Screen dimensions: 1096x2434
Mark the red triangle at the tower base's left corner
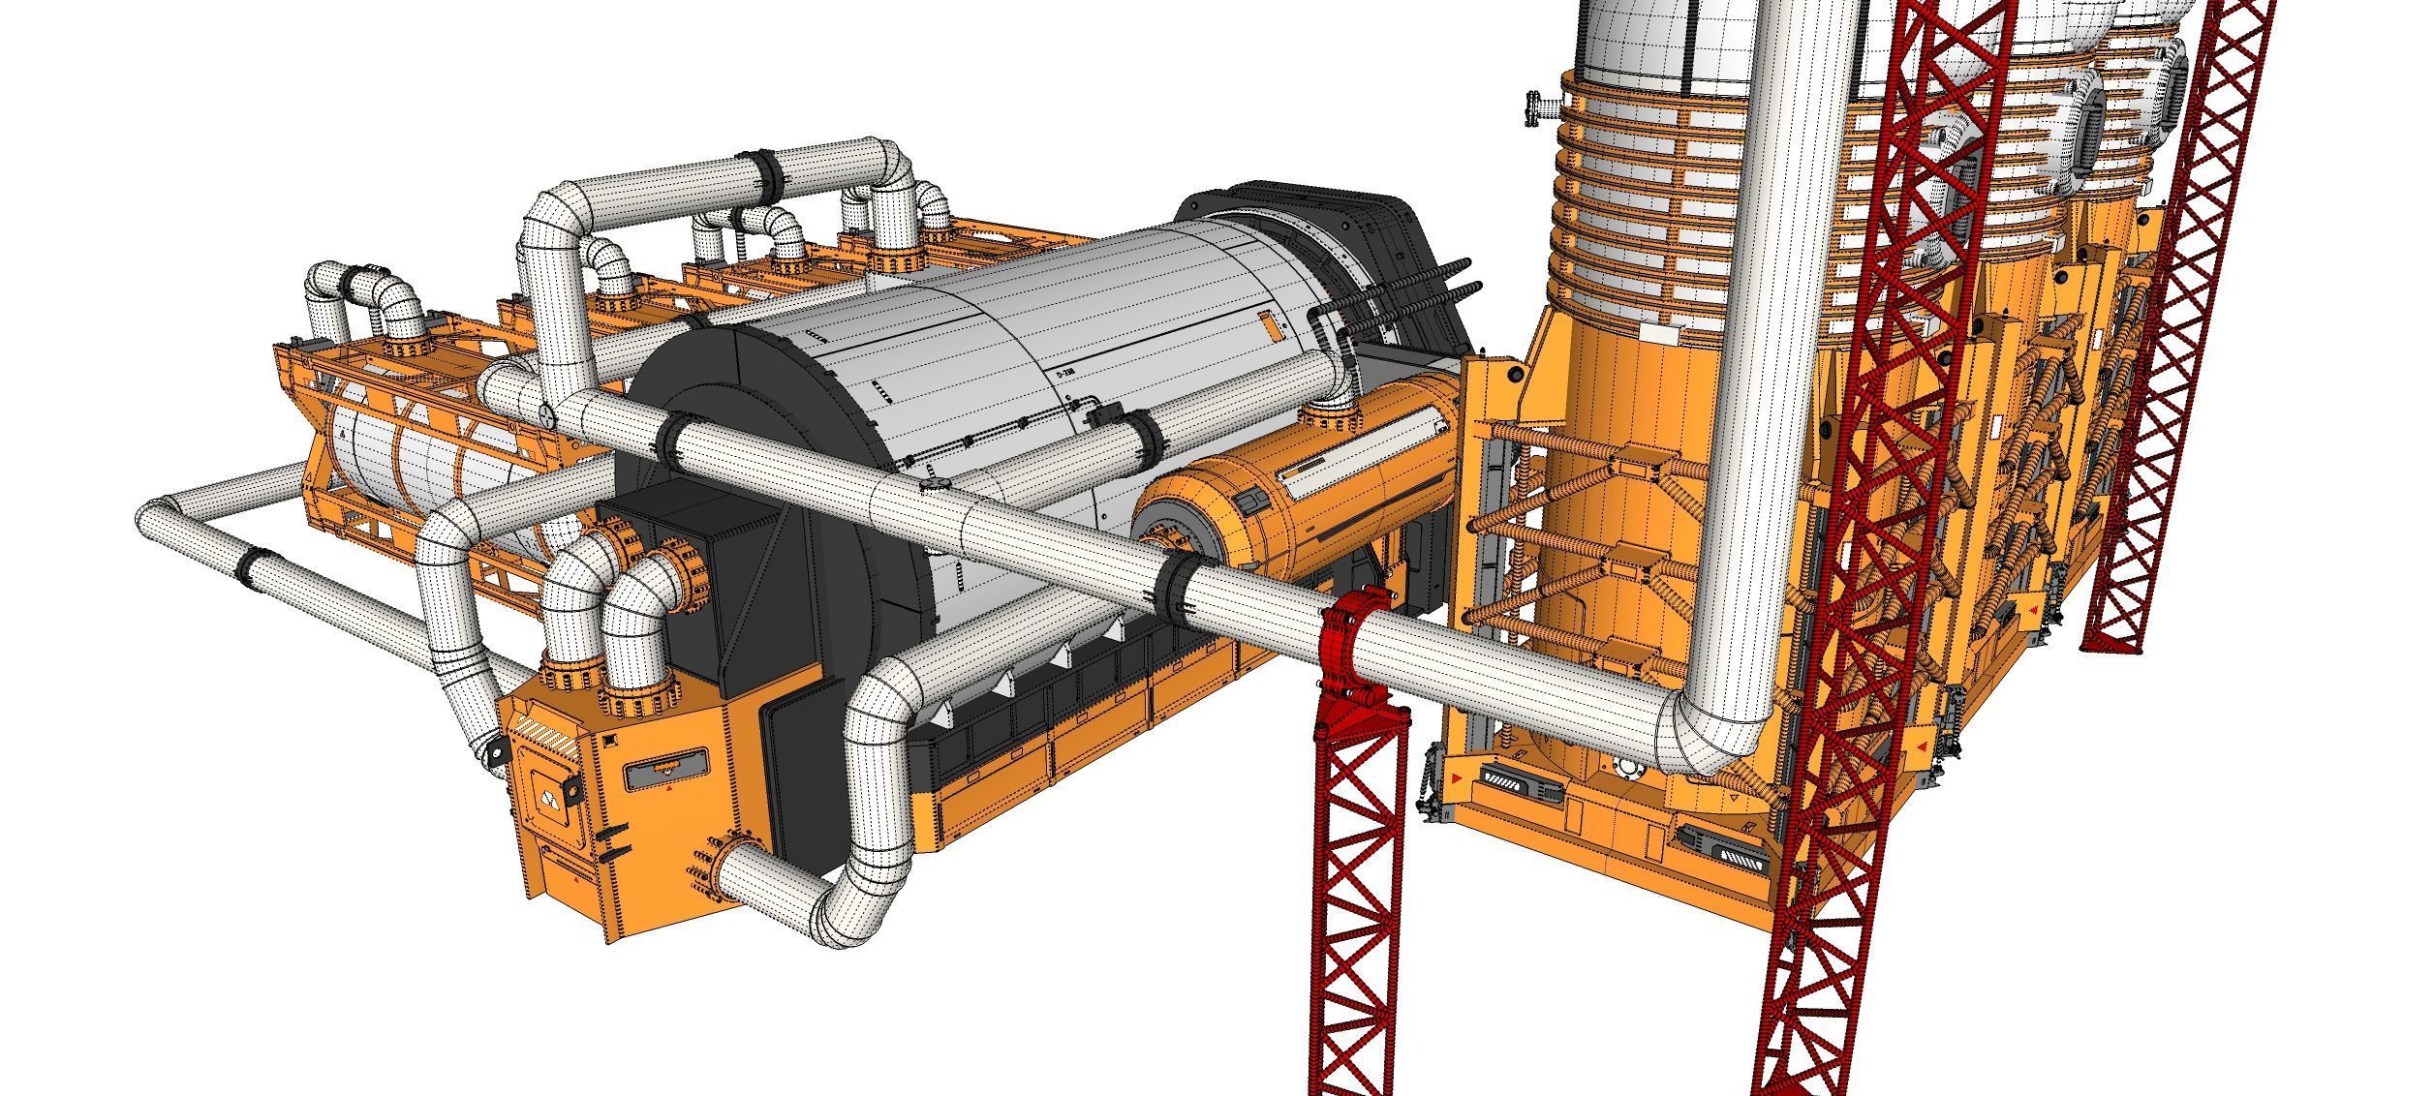pyautogui.click(x=1456, y=779)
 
